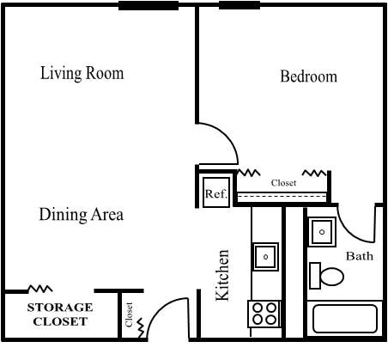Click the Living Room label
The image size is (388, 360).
click(82, 73)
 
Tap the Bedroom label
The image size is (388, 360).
click(309, 76)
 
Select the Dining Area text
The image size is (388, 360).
click(82, 214)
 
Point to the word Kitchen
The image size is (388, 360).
click(222, 275)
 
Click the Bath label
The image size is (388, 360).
click(359, 256)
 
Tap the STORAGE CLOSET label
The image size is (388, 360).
click(60, 314)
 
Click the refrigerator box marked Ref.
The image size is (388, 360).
click(215, 193)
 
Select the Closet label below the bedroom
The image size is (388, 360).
click(283, 183)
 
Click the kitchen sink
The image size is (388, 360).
click(265, 255)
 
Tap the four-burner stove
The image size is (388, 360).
click(265, 314)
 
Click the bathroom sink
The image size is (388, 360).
click(322, 232)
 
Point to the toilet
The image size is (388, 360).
click(326, 276)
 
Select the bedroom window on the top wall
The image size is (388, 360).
click(239, 6)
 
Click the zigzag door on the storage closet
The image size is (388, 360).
click(39, 289)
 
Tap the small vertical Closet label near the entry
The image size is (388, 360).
click(130, 315)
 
